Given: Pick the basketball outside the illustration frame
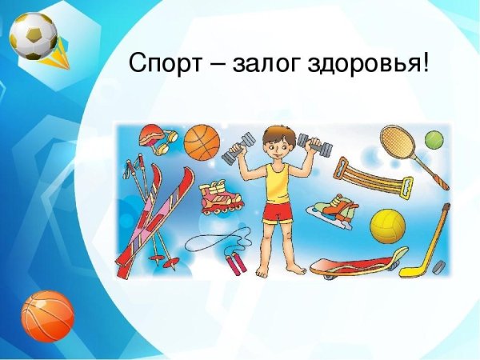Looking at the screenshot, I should (x=47, y=316).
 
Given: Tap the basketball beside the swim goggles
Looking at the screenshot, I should (x=202, y=142).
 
